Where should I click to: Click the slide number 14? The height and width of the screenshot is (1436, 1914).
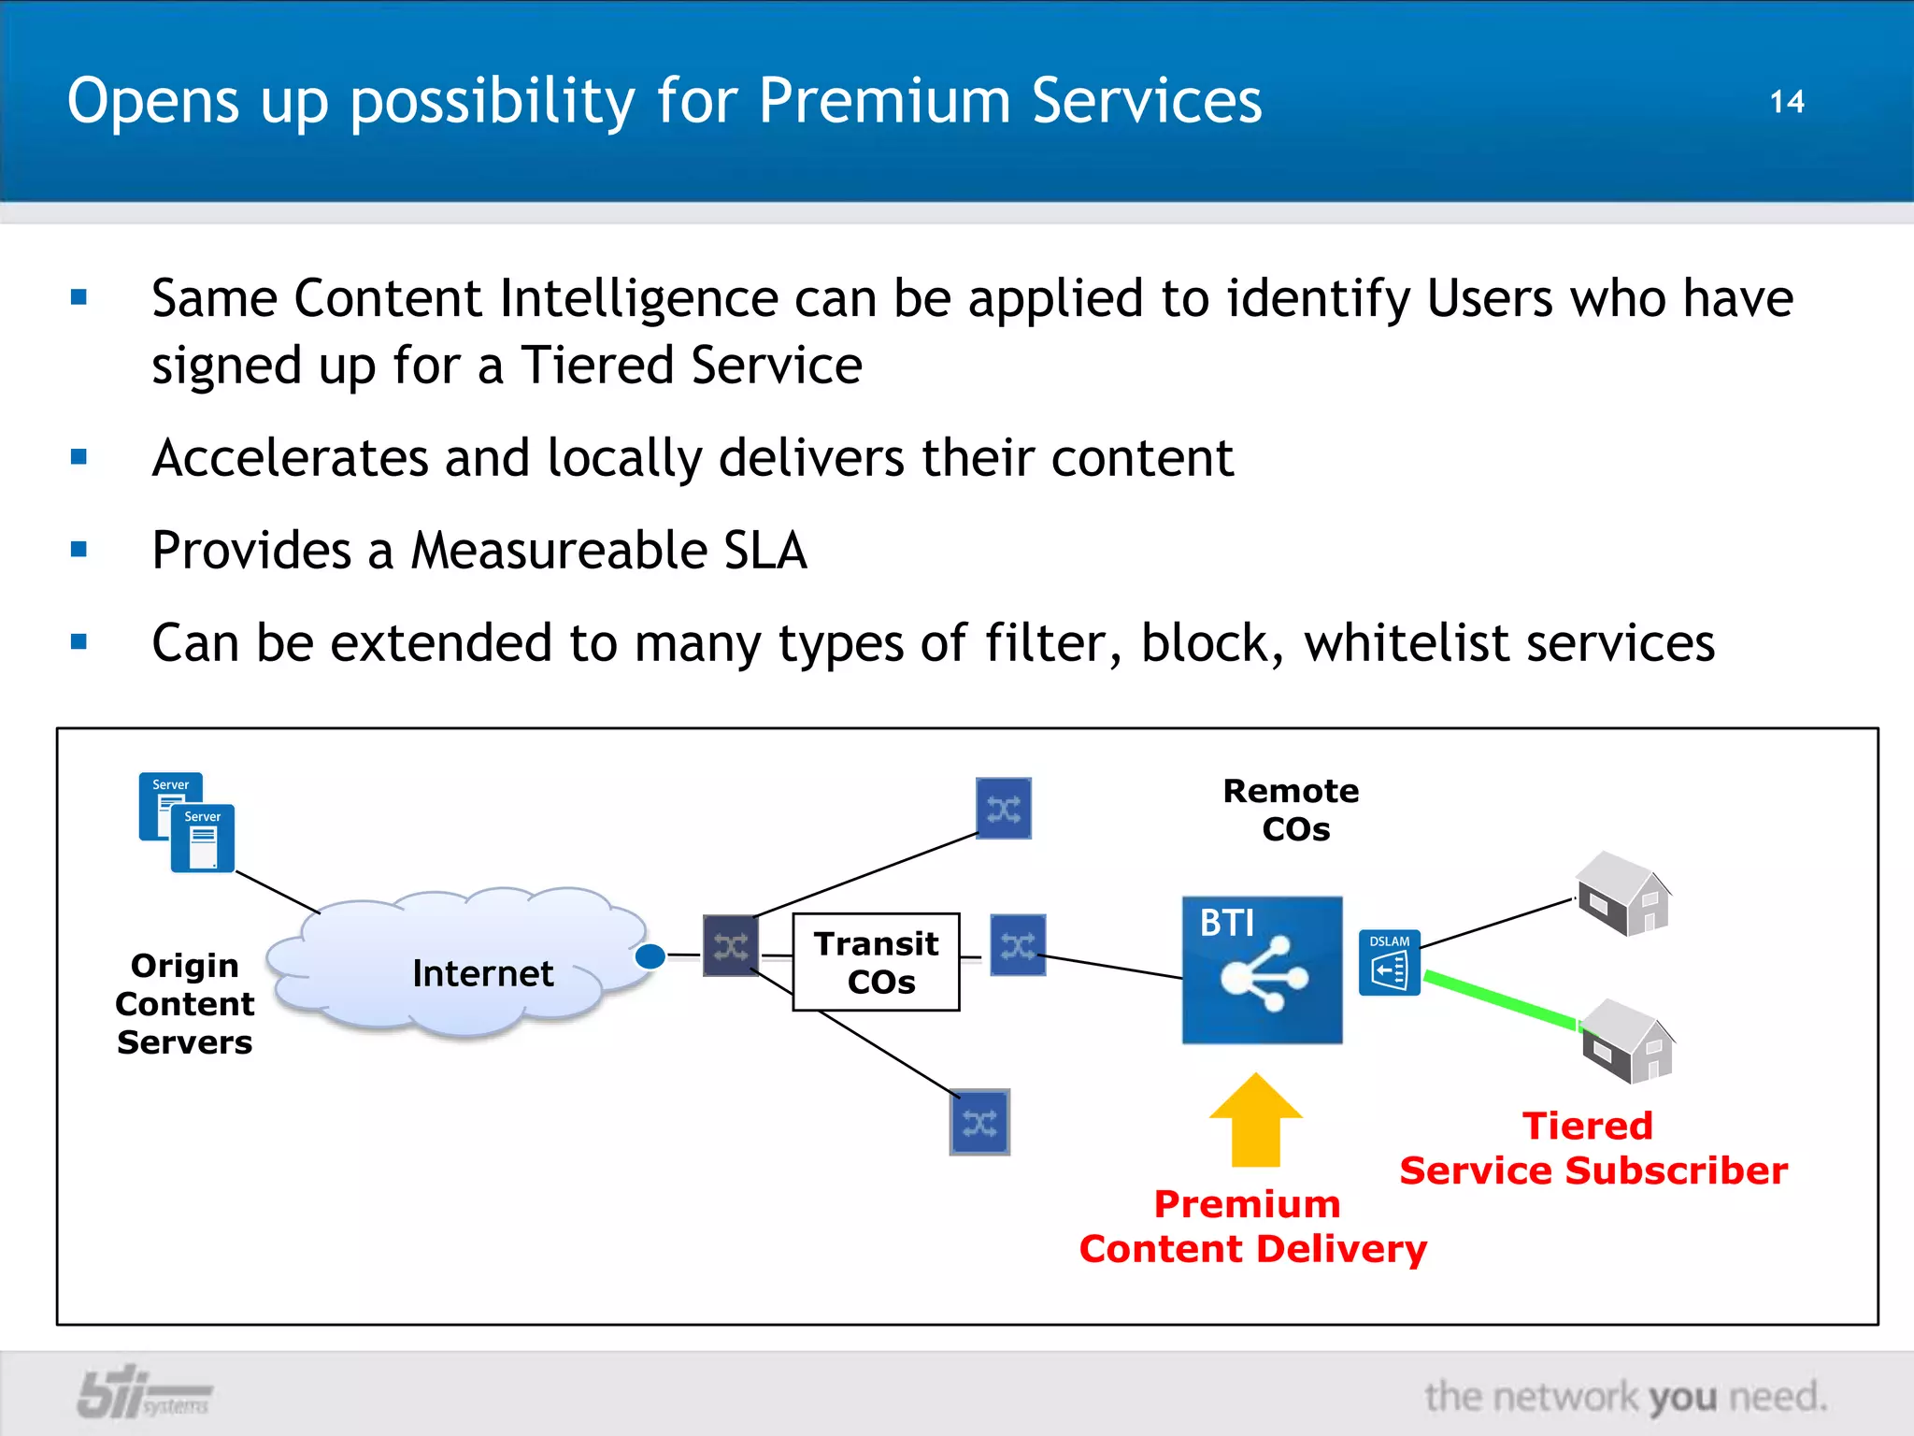1786,102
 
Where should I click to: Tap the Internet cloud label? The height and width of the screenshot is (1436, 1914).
482,974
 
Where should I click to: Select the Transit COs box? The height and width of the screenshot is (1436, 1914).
876,962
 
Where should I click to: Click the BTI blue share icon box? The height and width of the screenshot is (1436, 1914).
1262,970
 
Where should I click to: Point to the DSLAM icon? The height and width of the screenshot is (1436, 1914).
1389,963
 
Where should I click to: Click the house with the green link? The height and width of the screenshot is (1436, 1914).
1628,1041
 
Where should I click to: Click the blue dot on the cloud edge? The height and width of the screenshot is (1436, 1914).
650,956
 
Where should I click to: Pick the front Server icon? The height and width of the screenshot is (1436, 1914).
203,839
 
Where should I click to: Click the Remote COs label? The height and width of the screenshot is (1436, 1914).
1292,810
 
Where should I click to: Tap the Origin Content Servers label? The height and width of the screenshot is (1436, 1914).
185,1004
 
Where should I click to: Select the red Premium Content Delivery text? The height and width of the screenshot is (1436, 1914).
1252,1227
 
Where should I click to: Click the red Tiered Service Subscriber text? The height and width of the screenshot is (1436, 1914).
1593,1148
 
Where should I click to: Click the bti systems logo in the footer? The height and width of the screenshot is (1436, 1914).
142,1393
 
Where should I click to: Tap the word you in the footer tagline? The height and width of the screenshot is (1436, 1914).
1683,1398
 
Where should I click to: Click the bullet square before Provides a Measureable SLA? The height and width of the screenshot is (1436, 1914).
79,550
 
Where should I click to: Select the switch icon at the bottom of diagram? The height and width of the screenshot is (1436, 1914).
979,1122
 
